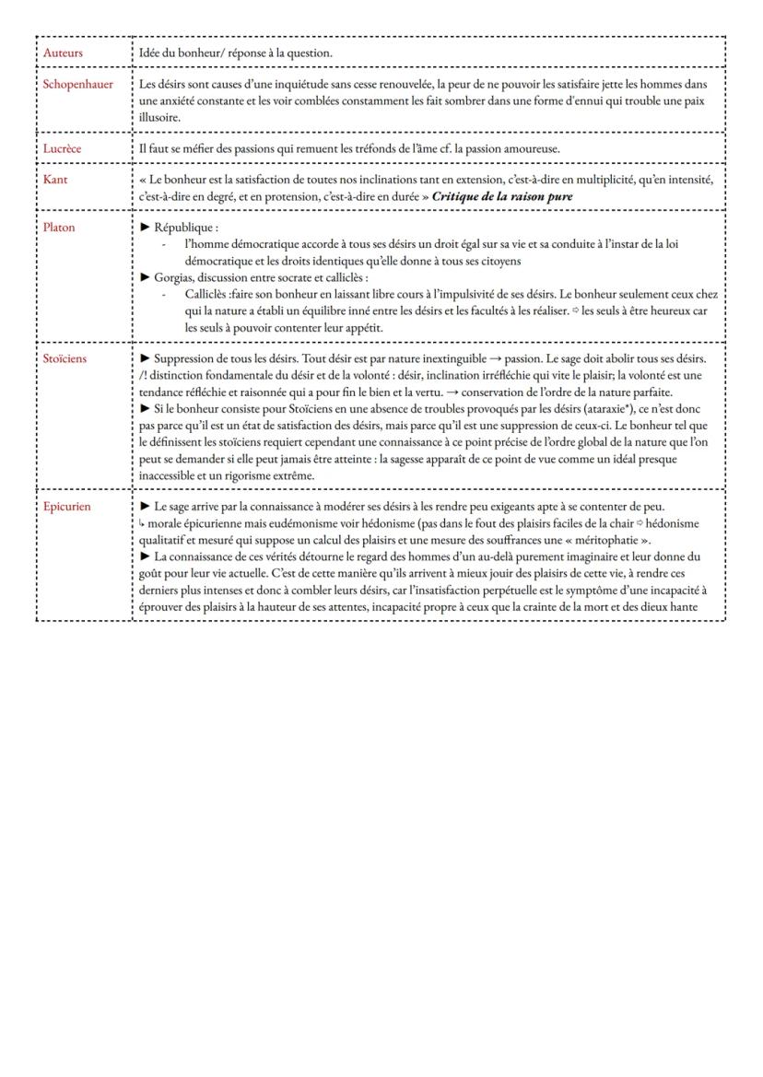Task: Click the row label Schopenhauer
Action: pyautogui.click(x=78, y=84)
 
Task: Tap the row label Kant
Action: pyautogui.click(x=55, y=180)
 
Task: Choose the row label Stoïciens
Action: pyautogui.click(x=65, y=358)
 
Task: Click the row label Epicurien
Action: pyautogui.click(x=67, y=506)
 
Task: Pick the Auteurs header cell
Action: pyautogui.click(x=63, y=53)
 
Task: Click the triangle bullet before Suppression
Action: pyautogui.click(x=145, y=358)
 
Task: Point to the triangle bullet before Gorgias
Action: pyautogui.click(x=145, y=276)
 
